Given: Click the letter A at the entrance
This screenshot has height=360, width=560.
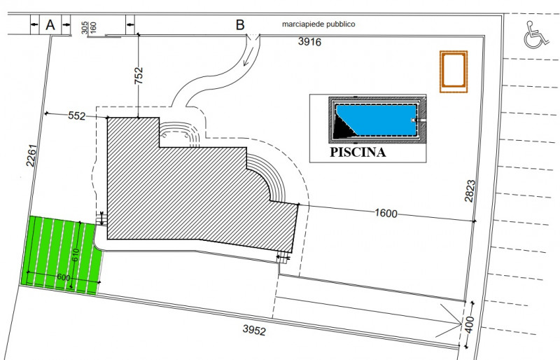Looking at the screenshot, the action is click(50, 25).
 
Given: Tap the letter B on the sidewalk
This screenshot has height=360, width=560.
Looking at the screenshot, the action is click(240, 25).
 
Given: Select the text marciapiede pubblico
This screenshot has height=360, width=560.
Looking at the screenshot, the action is click(318, 24).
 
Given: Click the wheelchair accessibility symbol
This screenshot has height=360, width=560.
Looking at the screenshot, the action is click(535, 34).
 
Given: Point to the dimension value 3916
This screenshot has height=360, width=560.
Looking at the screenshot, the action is click(309, 42).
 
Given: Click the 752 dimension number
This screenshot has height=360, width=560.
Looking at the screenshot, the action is click(139, 76).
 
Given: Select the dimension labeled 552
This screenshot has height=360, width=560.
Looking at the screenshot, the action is click(77, 116).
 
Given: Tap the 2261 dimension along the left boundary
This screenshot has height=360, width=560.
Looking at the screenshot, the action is click(31, 155).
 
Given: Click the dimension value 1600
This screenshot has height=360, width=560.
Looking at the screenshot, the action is click(386, 214).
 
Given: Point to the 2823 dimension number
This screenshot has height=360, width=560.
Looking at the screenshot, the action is click(470, 191).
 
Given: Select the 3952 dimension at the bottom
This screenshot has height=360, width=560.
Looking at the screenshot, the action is click(254, 330).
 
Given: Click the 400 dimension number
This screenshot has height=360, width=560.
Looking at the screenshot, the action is click(470, 324).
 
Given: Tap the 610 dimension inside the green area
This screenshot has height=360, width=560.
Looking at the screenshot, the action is click(75, 255).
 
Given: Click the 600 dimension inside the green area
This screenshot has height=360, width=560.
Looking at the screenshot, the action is click(64, 277).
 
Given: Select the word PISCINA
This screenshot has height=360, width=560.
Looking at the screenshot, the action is click(358, 152).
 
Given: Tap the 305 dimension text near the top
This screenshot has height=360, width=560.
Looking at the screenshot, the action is click(85, 27).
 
